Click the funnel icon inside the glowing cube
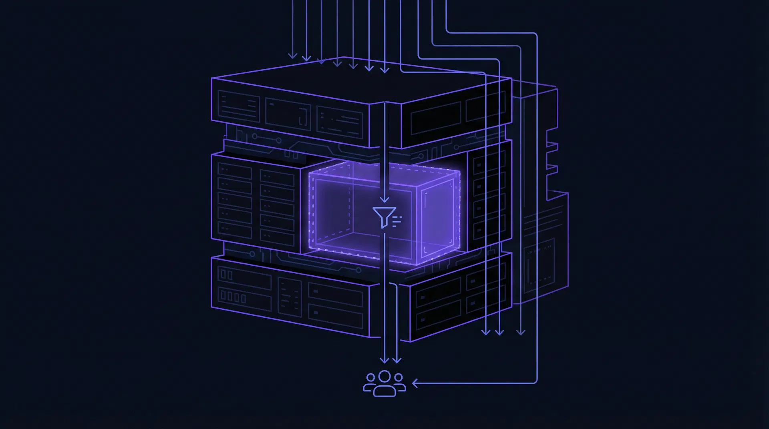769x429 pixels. (384, 217)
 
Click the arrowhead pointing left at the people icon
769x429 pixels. (415, 383)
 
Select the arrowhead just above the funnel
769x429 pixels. (384, 198)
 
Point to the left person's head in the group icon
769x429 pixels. (370, 377)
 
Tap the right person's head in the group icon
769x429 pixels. (399, 377)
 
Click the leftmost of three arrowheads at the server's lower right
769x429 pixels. (486, 332)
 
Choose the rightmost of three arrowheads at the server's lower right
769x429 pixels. (520, 332)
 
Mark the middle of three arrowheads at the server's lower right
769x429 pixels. (499, 332)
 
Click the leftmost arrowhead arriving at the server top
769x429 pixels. (293, 55)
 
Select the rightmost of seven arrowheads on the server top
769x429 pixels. (384, 70)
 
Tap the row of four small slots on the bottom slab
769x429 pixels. (232, 297)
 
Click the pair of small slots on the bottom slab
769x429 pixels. (227, 275)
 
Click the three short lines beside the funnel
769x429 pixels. (397, 221)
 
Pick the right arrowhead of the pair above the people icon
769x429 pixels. (397, 360)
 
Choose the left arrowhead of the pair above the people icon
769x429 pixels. (384, 360)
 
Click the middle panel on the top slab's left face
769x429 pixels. (288, 114)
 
